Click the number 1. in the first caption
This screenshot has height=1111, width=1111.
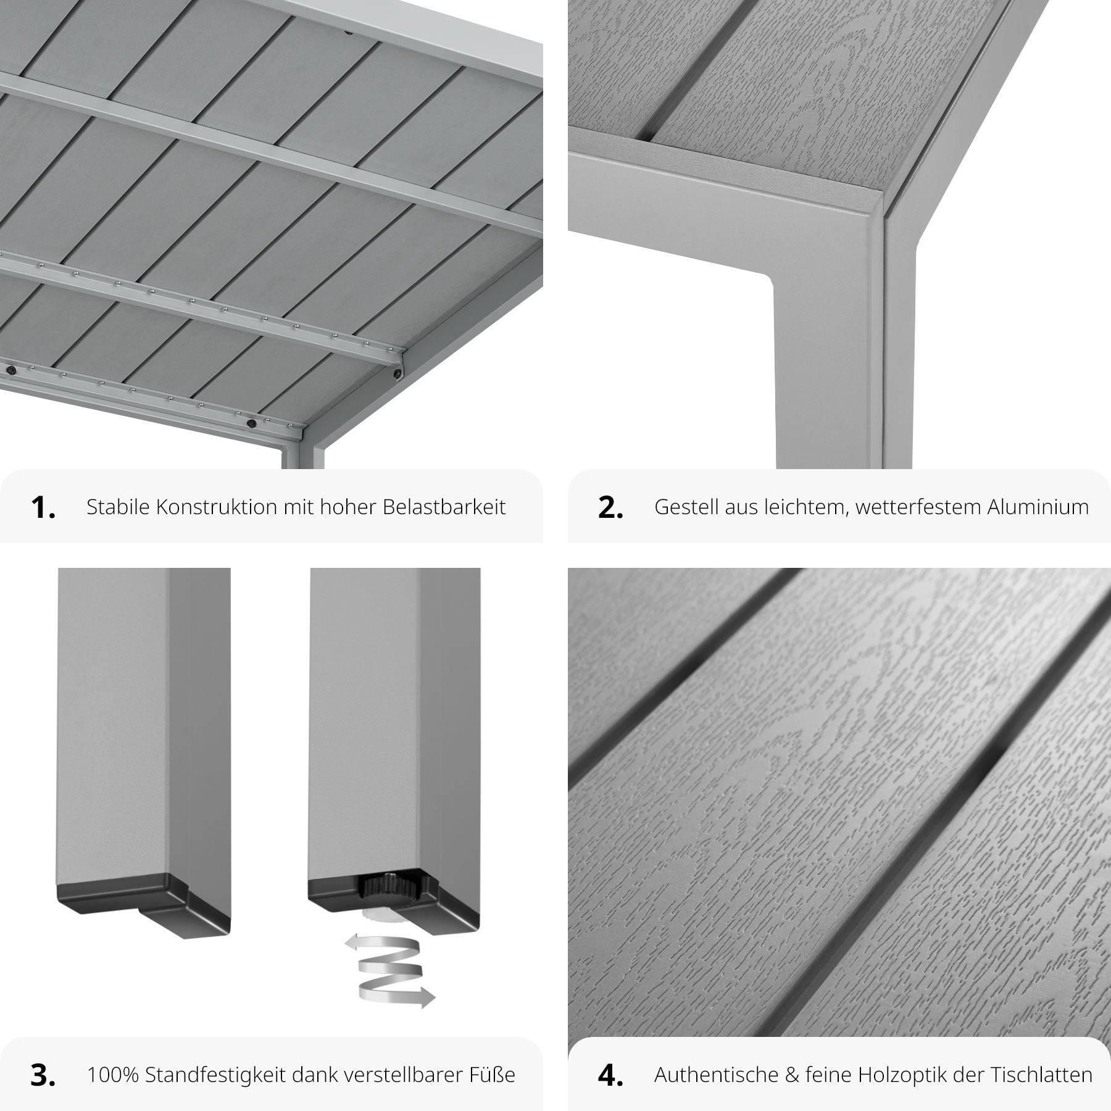tap(43, 507)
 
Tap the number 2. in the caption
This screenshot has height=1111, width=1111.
tap(610, 507)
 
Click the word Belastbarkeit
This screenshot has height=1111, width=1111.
tap(444, 507)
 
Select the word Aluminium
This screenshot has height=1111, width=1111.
tap(1038, 507)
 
